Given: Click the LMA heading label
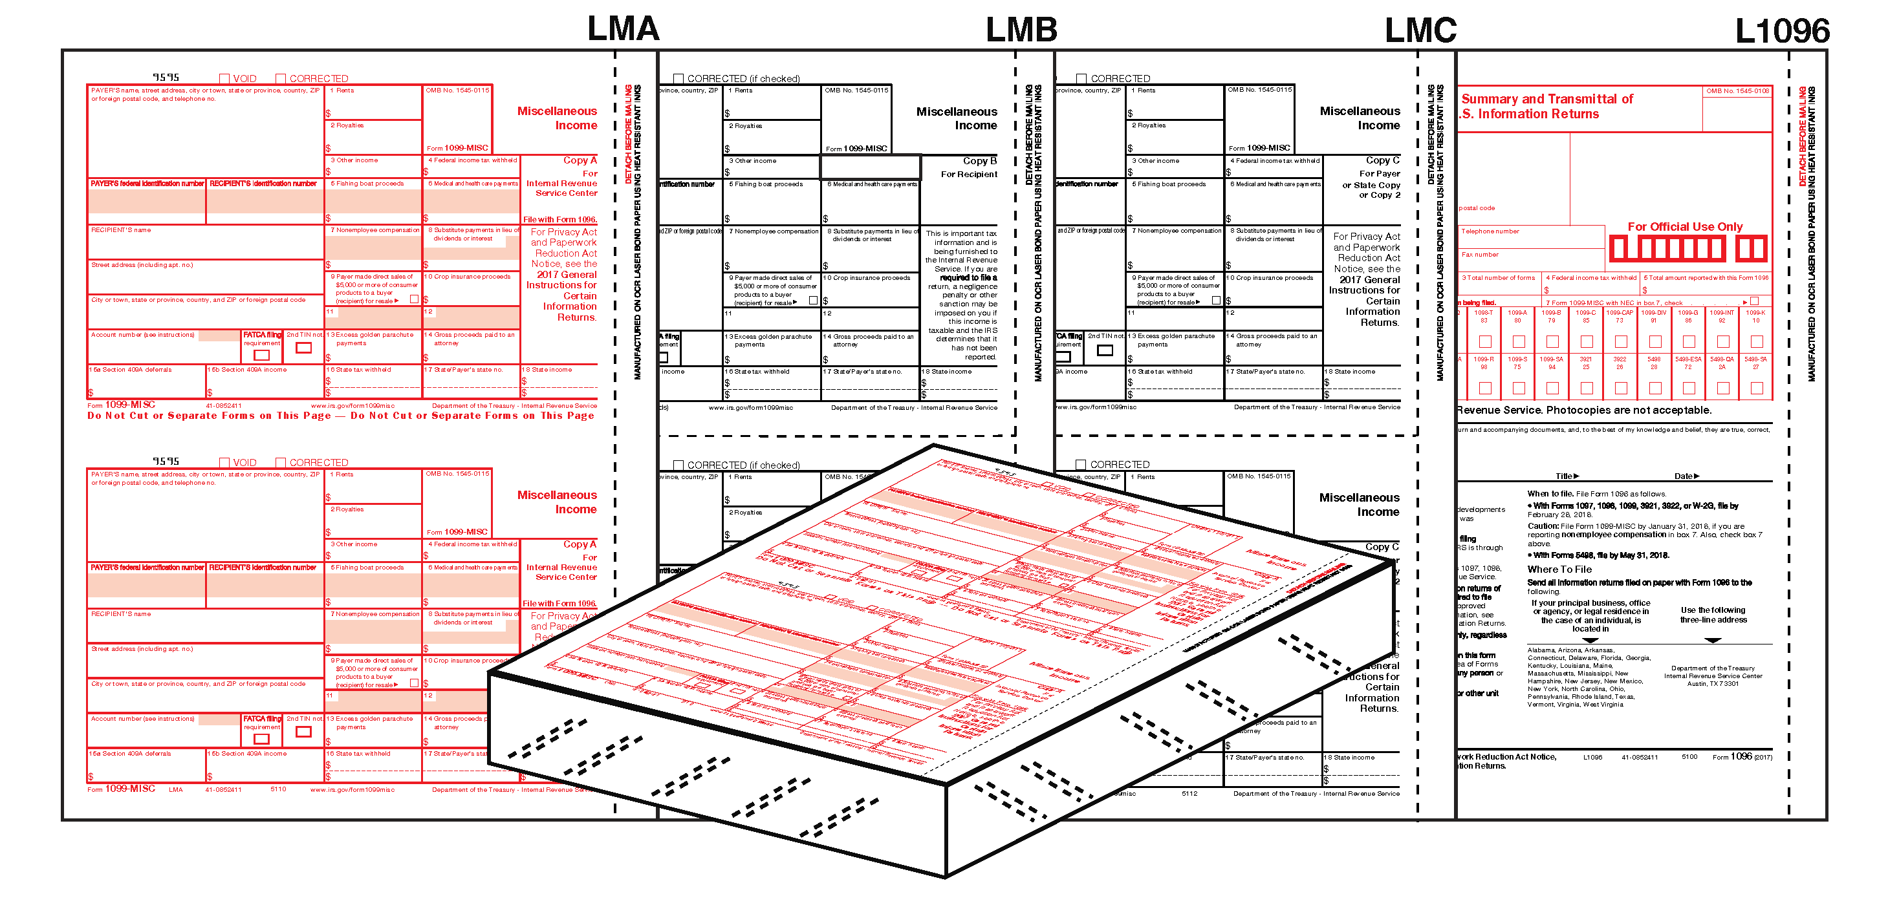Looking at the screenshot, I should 623,29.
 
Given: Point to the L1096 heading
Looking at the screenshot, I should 1782,32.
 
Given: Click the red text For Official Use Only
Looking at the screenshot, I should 1684,227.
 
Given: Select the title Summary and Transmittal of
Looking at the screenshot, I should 1546,99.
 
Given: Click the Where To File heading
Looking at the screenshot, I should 1559,570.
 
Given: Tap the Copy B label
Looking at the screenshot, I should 979,160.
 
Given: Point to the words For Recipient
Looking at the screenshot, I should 968,175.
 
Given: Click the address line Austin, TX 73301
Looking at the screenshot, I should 1712,684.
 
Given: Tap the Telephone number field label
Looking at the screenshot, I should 1490,231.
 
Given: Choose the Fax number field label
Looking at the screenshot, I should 1480,255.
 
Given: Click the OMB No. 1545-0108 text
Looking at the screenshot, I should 1737,92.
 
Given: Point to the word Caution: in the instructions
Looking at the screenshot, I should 1542,526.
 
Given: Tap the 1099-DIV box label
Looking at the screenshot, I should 1653,313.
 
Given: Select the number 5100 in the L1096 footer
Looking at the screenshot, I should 1689,757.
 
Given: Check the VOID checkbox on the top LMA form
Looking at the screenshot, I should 224,79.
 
